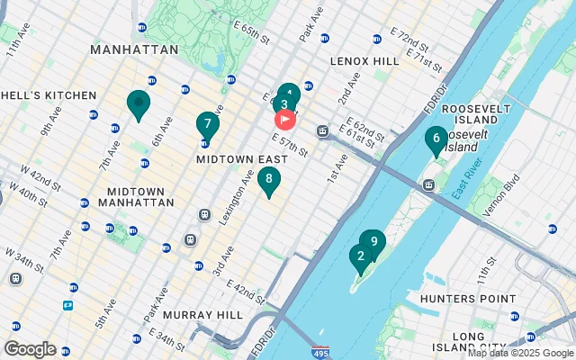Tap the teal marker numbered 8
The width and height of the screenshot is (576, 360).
268,180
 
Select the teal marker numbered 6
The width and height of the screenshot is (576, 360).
436,139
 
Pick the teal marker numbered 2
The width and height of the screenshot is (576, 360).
361,256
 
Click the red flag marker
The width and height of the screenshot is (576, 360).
284,119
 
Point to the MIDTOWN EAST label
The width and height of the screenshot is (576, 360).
235,158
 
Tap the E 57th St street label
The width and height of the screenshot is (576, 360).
290,143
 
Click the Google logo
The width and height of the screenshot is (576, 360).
30,348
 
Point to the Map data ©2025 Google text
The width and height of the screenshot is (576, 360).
519,353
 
